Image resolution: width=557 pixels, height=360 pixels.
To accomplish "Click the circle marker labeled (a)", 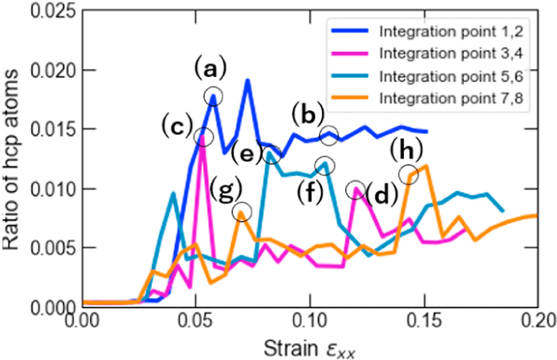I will tap(213, 96).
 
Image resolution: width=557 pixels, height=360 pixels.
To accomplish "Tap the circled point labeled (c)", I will tap(203, 136).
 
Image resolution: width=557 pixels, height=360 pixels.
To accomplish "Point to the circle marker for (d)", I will tap(356, 189).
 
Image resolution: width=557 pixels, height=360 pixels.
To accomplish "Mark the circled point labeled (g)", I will tap(242, 212).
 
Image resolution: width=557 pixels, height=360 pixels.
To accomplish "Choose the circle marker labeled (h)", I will tap(408, 175).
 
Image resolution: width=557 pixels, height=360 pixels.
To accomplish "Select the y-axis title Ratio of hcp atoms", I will tap(12, 159).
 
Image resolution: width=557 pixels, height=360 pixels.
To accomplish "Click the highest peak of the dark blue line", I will tap(248, 81).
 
